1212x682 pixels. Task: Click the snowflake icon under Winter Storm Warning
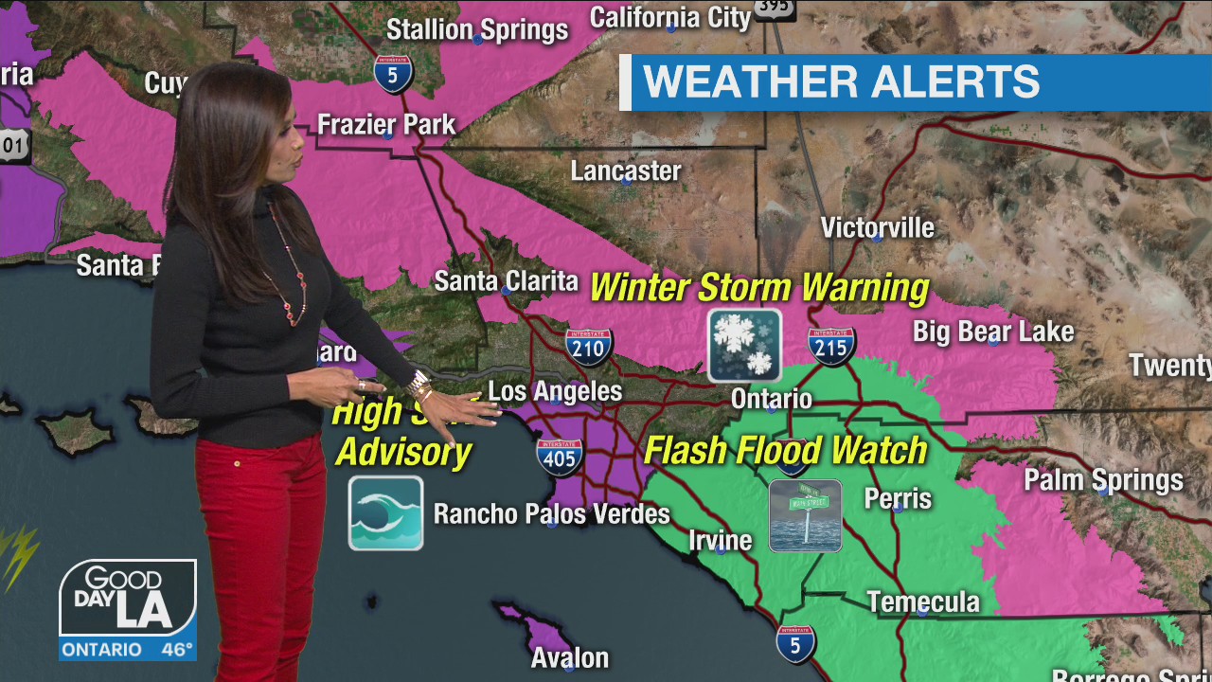[x=745, y=346]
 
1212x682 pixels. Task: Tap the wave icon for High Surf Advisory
[x=385, y=513]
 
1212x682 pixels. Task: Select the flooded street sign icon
[x=805, y=515]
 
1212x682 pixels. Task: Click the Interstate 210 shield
[x=589, y=347]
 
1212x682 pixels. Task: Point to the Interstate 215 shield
[x=832, y=347]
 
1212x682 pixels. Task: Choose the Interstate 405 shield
[x=559, y=457]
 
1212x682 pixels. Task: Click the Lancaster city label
[x=626, y=171]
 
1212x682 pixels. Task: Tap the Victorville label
[x=877, y=227]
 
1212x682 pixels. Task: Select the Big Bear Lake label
[x=993, y=332]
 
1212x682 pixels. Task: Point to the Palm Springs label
[x=1103, y=480]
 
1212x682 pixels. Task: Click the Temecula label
[x=923, y=602]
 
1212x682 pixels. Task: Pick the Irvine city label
[x=720, y=541]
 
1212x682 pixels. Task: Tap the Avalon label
[x=569, y=657]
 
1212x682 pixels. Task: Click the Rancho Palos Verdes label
[x=551, y=514]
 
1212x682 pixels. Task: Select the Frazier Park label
[x=386, y=124]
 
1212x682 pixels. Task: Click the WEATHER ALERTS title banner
[x=841, y=82]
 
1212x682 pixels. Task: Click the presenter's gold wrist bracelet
[x=419, y=386]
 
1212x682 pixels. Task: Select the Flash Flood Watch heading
[x=785, y=450]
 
